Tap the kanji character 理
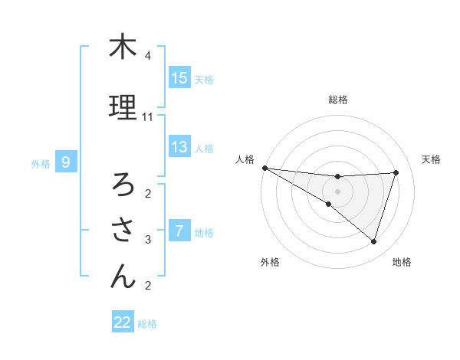tap(122, 107)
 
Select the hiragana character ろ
tap(122, 184)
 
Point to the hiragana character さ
tap(122, 230)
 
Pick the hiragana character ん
tap(122, 277)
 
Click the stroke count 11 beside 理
tap(148, 117)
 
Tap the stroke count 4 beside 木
tap(148, 56)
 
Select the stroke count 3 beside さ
tap(148, 240)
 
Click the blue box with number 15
tap(179, 77)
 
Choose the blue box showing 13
tap(179, 147)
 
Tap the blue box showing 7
tap(179, 231)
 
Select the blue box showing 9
tap(66, 162)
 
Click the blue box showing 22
tap(123, 322)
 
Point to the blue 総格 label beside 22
tap(147, 324)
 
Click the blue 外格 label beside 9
tap(41, 163)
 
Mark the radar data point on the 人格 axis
tap(264, 167)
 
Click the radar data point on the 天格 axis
tap(396, 172)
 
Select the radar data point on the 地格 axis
tap(373, 242)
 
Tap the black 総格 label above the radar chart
tap(337, 100)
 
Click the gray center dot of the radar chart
tap(337, 190)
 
